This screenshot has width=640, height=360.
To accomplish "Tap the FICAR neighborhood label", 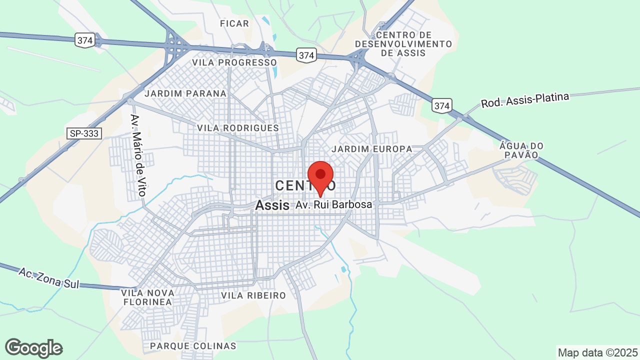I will point(234,23).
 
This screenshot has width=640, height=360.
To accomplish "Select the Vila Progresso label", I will point(234,62).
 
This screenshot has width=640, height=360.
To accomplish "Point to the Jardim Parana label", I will point(185,93).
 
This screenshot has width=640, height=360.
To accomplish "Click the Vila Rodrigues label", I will point(238,128).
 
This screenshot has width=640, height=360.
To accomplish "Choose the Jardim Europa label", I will point(372,149).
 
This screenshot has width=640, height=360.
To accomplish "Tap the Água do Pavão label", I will point(521,150).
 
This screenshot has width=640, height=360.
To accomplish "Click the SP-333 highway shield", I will point(83,133).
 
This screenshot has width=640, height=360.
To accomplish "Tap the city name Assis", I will point(272,205).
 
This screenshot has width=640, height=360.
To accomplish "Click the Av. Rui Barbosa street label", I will point(334,205).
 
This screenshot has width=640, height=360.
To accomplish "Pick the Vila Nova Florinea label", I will point(147,297).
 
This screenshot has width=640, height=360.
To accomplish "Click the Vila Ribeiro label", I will point(253,295).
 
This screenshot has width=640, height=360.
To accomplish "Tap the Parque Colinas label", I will point(193,346).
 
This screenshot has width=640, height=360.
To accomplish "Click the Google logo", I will point(33,348).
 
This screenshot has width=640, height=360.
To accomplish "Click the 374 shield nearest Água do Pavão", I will point(442,106).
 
